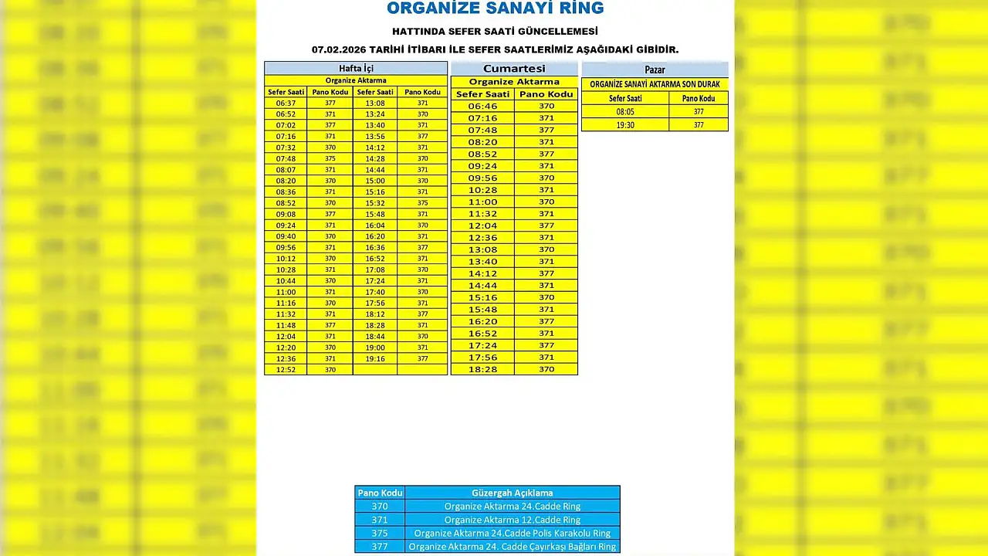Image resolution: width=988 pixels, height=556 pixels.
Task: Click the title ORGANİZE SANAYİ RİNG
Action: (495, 8)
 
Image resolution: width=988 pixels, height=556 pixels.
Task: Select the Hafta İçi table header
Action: (356, 69)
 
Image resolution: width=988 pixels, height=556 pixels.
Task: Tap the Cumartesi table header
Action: (514, 69)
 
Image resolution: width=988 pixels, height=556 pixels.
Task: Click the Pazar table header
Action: (655, 69)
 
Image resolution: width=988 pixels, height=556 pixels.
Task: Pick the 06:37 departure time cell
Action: (286, 103)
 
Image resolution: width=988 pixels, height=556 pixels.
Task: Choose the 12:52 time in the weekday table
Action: (286, 370)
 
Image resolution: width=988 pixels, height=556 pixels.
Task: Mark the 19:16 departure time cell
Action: (375, 359)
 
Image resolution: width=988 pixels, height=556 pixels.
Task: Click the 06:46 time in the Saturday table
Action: (482, 107)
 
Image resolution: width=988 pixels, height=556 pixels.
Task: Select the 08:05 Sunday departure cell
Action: (625, 112)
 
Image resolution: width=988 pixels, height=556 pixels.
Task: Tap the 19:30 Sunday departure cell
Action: (625, 125)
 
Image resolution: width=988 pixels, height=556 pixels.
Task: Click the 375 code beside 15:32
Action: (422, 203)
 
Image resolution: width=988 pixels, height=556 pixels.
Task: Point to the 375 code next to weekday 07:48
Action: (330, 158)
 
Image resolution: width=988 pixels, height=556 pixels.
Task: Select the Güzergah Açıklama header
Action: (512, 493)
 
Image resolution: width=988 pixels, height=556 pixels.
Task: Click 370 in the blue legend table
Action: (380, 507)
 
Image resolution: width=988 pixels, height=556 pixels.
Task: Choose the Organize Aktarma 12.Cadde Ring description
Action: (512, 520)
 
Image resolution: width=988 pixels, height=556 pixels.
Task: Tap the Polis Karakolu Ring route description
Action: (512, 533)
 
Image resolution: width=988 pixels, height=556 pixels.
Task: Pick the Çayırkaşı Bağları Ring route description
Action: (512, 547)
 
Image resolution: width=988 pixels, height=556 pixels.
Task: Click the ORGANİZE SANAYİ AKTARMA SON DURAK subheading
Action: (655, 84)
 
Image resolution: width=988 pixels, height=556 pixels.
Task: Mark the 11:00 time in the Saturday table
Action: (482, 202)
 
